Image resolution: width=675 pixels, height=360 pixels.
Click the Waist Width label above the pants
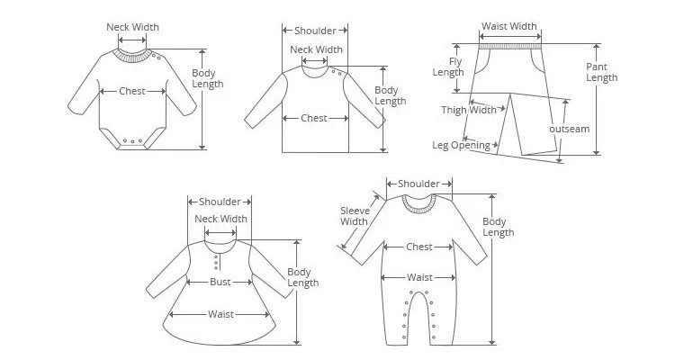pyautogui.click(x=510, y=26)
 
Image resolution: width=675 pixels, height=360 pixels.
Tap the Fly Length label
pyautogui.click(x=447, y=67)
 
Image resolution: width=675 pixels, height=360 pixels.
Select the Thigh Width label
pyautogui.click(x=468, y=110)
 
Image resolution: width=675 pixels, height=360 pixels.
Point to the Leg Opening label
pyautogui.click(x=461, y=145)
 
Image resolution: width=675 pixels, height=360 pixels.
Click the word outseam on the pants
pyautogui.click(x=569, y=129)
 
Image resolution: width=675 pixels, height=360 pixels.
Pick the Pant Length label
pyautogui.click(x=601, y=72)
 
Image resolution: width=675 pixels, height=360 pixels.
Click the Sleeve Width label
pyautogui.click(x=354, y=216)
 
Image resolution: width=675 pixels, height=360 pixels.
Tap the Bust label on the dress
pyautogui.click(x=220, y=282)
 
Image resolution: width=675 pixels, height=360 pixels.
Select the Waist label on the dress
pyautogui.click(x=220, y=314)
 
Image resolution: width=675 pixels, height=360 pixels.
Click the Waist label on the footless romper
pyautogui.click(x=419, y=277)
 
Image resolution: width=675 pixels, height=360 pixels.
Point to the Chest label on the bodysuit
pyautogui.click(x=132, y=91)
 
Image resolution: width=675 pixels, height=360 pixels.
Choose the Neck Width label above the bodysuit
pyautogui.click(x=132, y=27)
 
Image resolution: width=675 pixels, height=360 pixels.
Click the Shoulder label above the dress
pyautogui.click(x=220, y=202)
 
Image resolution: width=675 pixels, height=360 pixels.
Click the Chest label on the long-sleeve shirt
pyautogui.click(x=314, y=118)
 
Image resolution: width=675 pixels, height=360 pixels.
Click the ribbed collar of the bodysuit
pyautogui.click(x=133, y=56)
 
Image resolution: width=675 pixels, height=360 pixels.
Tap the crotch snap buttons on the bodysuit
pyautogui.click(x=132, y=140)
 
